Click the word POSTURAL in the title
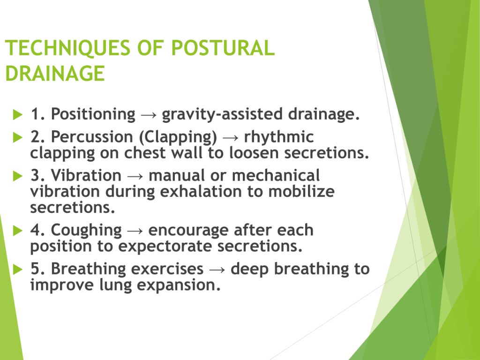pos(223,48)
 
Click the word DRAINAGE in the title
pos(55,74)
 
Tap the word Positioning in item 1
pos(93,114)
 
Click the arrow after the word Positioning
pos(149,115)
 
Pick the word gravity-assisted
pos(222,114)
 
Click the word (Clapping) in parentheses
pos(178,137)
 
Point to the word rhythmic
pos(279,137)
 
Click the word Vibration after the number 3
pos(86,175)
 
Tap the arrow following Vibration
pos(135,176)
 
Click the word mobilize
pos(301,192)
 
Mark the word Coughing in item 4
pos(86,231)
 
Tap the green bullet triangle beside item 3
pos(18,176)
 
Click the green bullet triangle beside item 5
pos(18,270)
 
